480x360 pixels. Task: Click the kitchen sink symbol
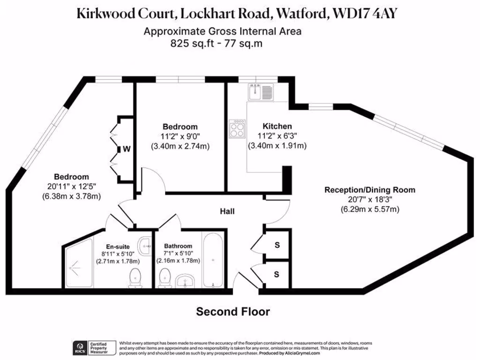tap(261, 91)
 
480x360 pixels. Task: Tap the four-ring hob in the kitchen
tap(237, 128)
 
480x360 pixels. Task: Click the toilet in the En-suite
tap(135, 277)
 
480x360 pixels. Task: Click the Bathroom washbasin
tap(187, 282)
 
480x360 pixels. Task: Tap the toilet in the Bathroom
tap(164, 279)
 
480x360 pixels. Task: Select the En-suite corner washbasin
tap(145, 243)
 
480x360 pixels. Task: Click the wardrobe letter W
tap(127, 150)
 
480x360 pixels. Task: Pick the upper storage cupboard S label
tap(277, 245)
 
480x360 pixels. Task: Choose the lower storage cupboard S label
tap(277, 274)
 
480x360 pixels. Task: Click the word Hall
tap(227, 211)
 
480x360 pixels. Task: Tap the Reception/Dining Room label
tap(370, 190)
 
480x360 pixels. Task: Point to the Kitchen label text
tap(277, 126)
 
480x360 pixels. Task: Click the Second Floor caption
tap(232, 312)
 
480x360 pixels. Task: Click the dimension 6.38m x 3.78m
tap(71, 195)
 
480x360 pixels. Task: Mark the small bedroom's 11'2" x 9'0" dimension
tap(180, 136)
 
